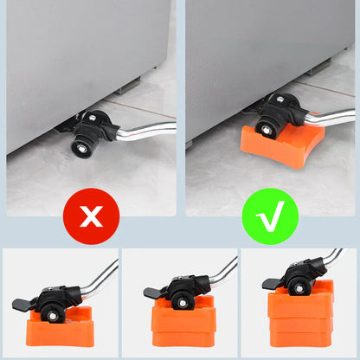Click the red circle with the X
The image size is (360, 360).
click(x=90, y=216)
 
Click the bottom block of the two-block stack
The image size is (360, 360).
click(x=180, y=337)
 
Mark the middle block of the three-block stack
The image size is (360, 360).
click(x=299, y=325)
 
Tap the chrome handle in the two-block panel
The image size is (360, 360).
click(x=223, y=268)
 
